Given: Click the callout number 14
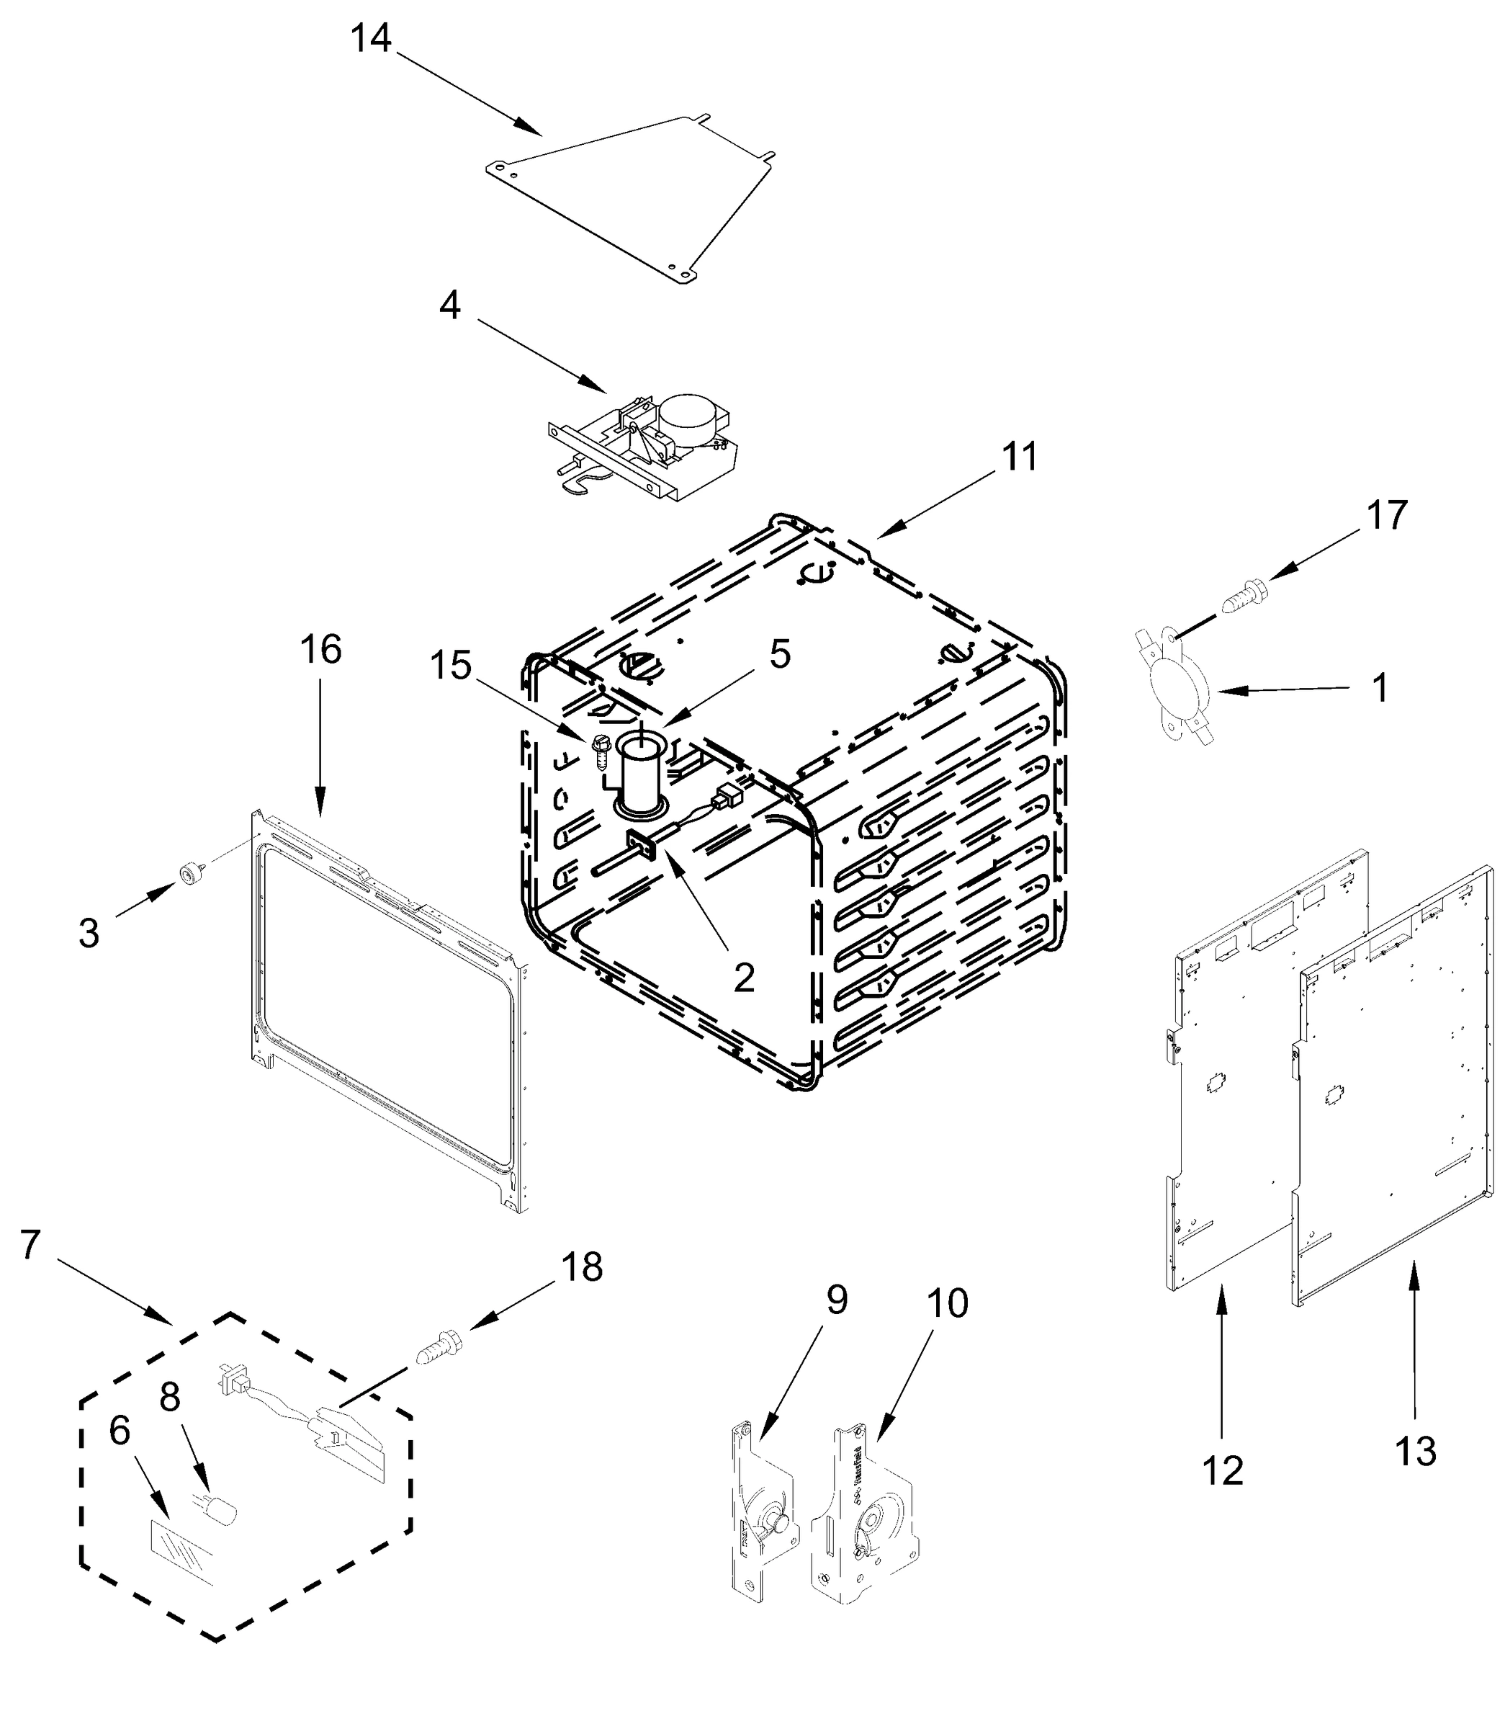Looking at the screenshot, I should [370, 39].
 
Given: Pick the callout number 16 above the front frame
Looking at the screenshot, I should [321, 648].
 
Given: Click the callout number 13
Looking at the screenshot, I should [1415, 1451].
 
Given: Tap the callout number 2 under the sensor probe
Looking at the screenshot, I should [743, 976].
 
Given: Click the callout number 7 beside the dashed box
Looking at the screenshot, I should [30, 1244].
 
